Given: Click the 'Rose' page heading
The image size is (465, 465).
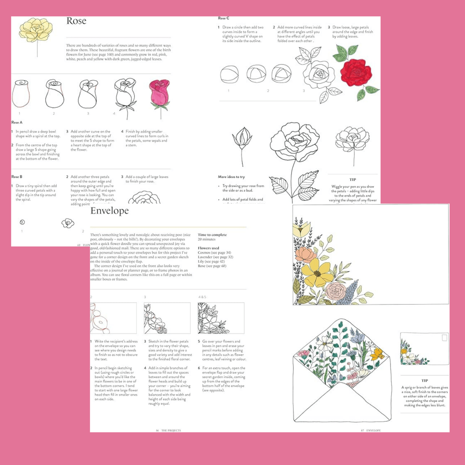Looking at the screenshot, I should tap(77, 21).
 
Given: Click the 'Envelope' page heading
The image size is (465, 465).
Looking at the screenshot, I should tap(109, 211).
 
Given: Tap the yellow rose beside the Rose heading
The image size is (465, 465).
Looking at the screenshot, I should tap(36, 29).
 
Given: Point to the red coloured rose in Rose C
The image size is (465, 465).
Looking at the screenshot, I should tap(356, 72).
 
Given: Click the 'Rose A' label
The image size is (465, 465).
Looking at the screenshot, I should tap(17, 123).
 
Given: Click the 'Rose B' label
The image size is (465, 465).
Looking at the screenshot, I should tap(17, 177).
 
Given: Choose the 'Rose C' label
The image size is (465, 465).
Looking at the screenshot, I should tap(224, 18).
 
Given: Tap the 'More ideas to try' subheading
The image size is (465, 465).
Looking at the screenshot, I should tap(231, 177).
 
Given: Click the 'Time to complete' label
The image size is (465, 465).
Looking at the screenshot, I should tap(212, 235).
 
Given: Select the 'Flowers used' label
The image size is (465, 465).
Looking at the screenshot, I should tap(208, 248).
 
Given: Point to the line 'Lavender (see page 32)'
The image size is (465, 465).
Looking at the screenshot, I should tap(215, 257).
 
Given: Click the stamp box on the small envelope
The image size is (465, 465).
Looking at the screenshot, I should tap(444, 338).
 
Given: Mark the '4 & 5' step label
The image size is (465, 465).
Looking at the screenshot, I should tap(202, 297).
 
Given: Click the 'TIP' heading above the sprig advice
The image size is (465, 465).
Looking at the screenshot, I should tap(424, 380).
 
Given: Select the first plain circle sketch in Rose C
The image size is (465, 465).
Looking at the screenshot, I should tap(229, 75).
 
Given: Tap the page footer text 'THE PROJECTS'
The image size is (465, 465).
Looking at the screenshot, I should tap(171, 430).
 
